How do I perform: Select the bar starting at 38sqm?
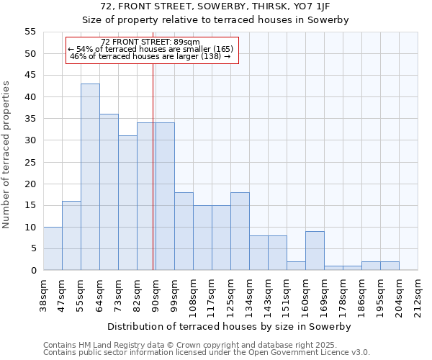pos(53,248)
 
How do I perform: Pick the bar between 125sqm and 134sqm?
pos(240,231)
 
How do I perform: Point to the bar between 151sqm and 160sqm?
pos(296,266)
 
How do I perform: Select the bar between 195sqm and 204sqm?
pos(390,266)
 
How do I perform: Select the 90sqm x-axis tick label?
pos(156,294)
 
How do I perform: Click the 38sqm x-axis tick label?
pos(43,294)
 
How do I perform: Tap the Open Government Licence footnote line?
pos(207,352)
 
